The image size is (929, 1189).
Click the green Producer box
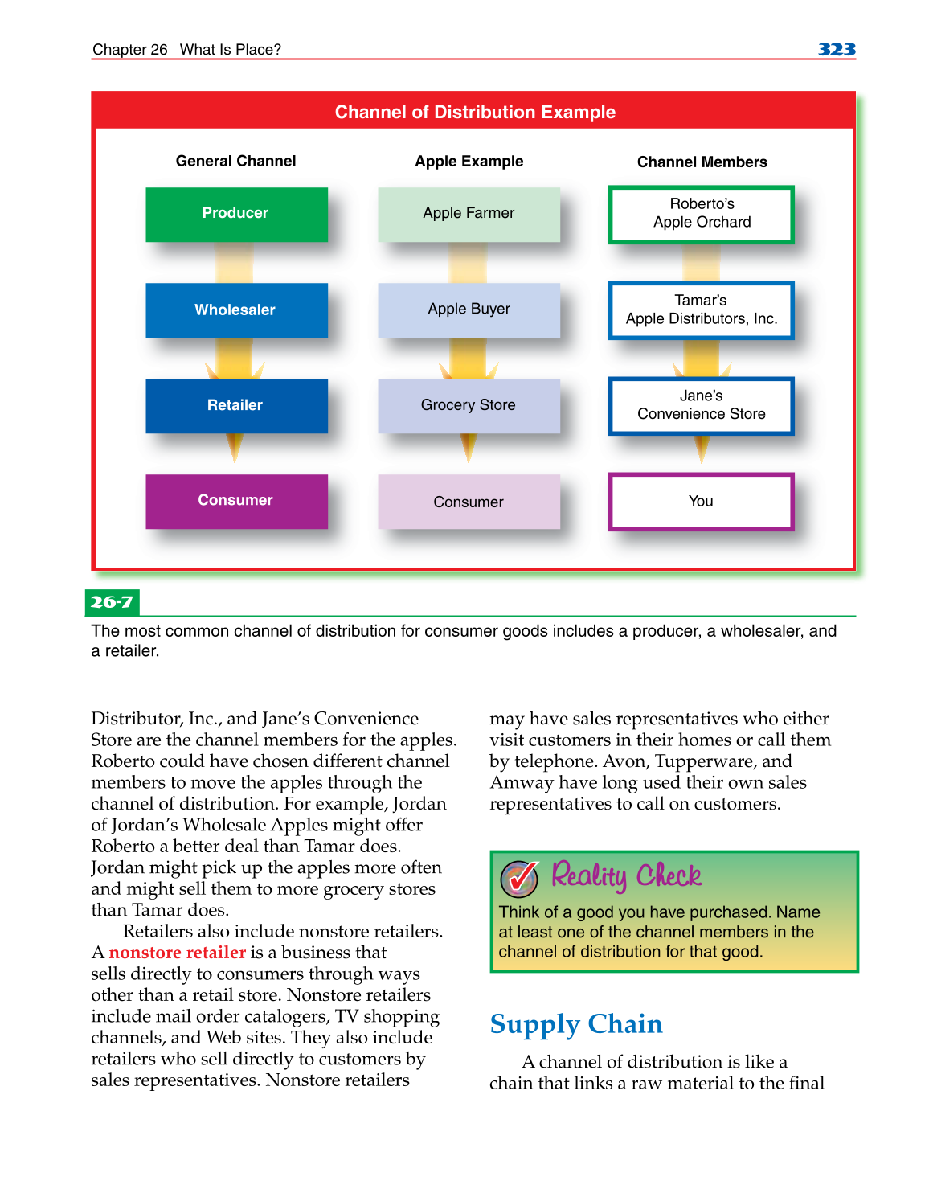coord(236,214)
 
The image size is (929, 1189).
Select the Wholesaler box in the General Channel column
coord(236,310)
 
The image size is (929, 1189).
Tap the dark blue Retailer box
coord(236,405)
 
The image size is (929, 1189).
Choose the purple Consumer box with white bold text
coord(236,501)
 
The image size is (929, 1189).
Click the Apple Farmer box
coord(469,214)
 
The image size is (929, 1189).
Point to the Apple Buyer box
coord(469,310)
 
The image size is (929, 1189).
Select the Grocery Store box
coord(469,405)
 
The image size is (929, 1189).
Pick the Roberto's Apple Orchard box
coord(701,214)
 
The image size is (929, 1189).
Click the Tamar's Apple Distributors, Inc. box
coord(701,310)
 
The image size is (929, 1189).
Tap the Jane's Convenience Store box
coord(701,405)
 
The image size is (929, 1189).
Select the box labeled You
coord(701,502)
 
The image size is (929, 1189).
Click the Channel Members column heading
coord(702,162)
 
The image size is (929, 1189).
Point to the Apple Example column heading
coord(469,162)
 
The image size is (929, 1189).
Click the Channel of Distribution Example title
coord(475,113)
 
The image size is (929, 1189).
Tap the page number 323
coord(837,50)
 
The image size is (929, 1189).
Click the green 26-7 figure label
coord(112,602)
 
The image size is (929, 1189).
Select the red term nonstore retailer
coord(177,953)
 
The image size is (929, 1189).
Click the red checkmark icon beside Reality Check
coord(520,878)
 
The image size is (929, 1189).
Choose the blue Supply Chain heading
coord(576,1024)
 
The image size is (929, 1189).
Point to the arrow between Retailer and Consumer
coord(235,448)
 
